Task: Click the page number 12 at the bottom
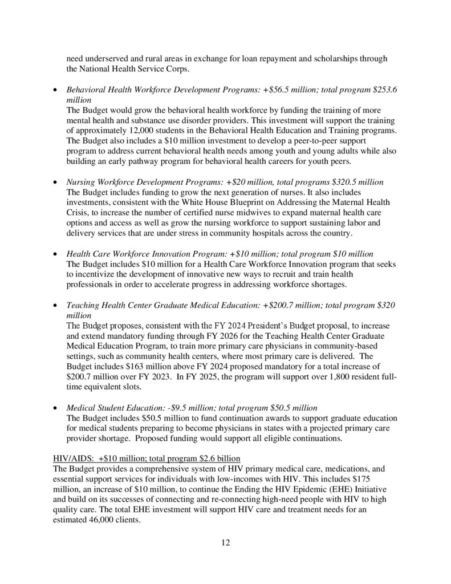pos(225,542)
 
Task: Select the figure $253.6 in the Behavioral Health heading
pos(384,90)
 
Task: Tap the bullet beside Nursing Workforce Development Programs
pos(54,182)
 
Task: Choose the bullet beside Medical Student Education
pos(54,408)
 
